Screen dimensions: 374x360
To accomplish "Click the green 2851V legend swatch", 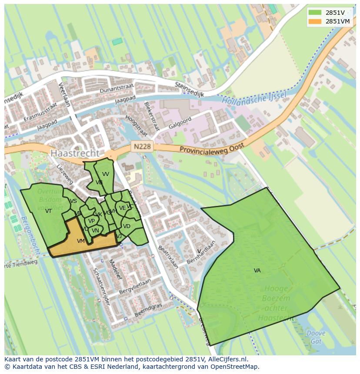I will pyautogui.click(x=315, y=13).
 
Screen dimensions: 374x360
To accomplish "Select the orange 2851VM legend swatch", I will pyautogui.click(x=315, y=21).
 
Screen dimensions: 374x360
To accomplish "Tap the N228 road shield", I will pyautogui.click(x=142, y=146).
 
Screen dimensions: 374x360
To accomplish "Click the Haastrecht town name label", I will pyautogui.click(x=74, y=153).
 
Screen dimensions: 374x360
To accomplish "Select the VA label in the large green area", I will pyautogui.click(x=257, y=271).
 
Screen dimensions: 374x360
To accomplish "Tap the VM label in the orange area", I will pyautogui.click(x=81, y=241).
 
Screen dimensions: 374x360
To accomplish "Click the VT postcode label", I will pyautogui.click(x=48, y=211).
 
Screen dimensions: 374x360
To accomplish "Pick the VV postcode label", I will pyautogui.click(x=106, y=174).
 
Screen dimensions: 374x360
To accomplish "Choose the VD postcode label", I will pyautogui.click(x=127, y=226).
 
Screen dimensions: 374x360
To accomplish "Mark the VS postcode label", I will pyautogui.click(x=73, y=201).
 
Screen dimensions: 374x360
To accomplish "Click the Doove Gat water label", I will pyautogui.click(x=316, y=337).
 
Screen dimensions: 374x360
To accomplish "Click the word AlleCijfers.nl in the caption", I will pyautogui.click(x=227, y=359).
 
